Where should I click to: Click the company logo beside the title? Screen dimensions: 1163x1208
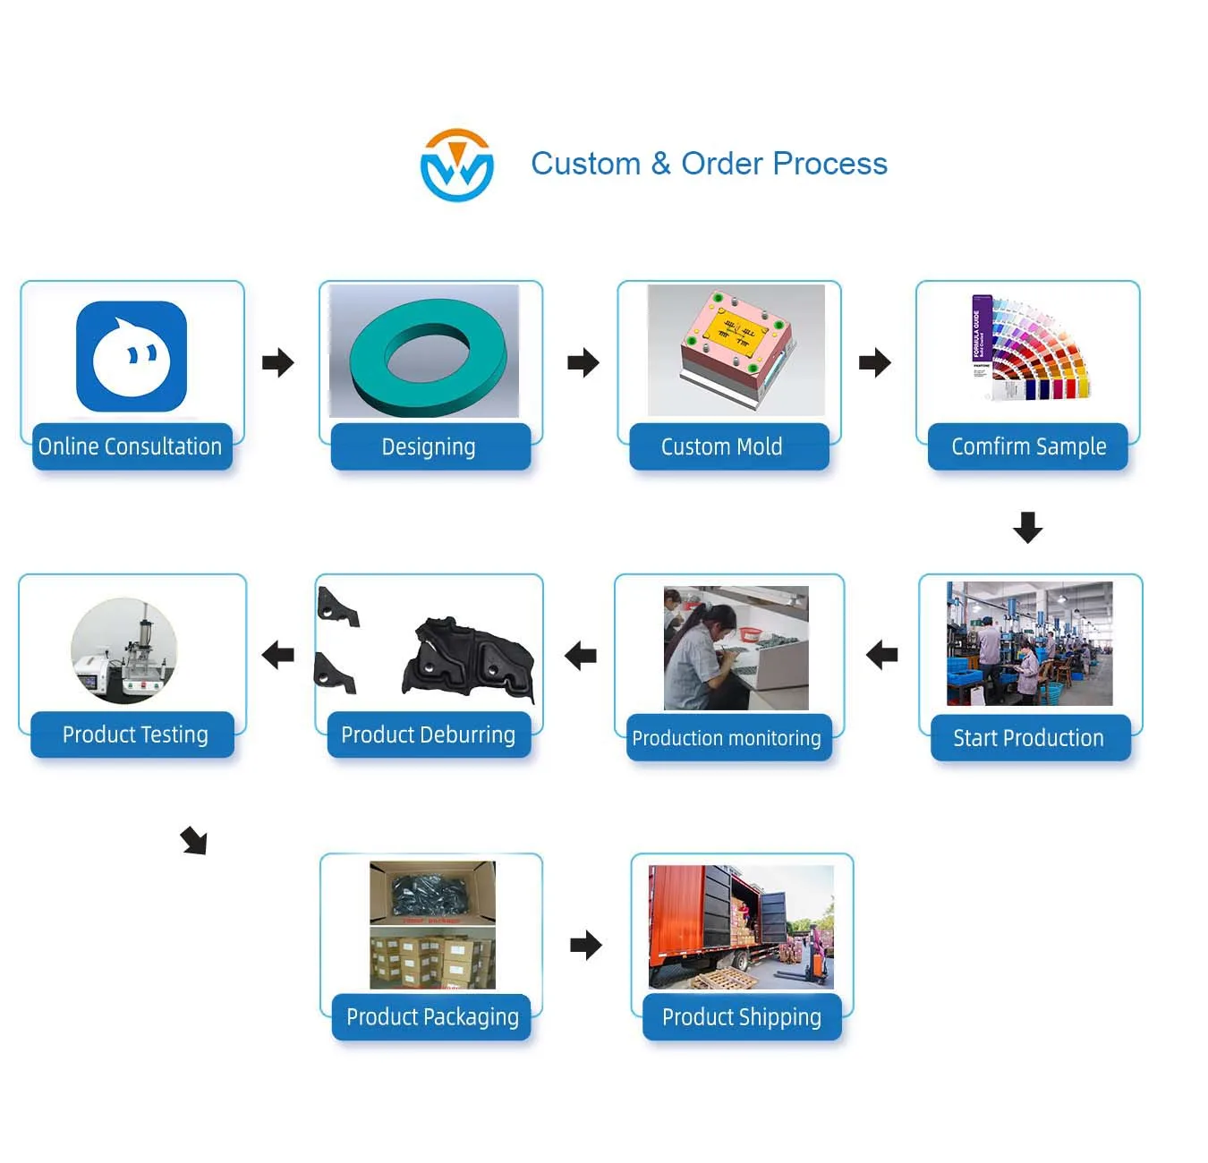[456, 166]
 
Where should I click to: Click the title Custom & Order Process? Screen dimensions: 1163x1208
[709, 164]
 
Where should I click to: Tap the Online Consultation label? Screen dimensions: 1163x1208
[131, 446]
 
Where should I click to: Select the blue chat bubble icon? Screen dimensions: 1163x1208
[132, 356]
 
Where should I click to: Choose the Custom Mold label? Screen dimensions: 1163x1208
[722, 446]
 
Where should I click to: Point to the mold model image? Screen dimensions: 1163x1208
[736, 349]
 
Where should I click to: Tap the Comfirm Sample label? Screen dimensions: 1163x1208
[1028, 446]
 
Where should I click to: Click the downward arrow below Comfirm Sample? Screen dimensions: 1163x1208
[1027, 527]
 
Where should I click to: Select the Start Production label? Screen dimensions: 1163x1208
[1029, 738]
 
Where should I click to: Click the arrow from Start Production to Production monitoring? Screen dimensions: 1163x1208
[882, 655]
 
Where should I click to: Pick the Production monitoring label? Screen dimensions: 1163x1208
[727, 738]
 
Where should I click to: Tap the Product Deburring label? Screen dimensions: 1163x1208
[429, 734]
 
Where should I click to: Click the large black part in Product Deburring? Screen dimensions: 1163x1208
[470, 658]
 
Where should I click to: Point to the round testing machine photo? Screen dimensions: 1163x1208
[124, 650]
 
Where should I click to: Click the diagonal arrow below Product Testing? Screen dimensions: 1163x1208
[194, 841]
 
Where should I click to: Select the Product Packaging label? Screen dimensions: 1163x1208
[432, 1017]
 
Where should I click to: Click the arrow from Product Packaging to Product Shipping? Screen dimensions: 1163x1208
[586, 945]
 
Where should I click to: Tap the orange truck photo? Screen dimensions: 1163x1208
[741, 926]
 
